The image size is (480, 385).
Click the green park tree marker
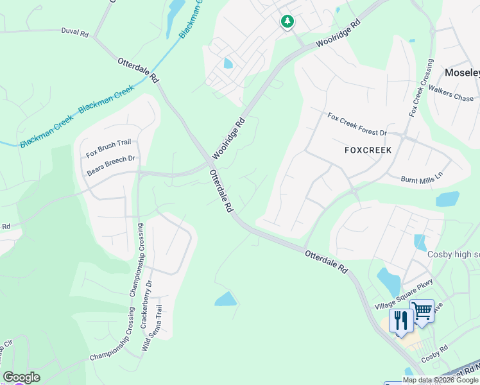[x=287, y=22]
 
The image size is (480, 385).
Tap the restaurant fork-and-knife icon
[x=400, y=320]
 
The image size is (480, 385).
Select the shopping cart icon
[x=422, y=311]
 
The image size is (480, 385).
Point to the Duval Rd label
[x=74, y=31]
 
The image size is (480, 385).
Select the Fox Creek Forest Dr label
[x=357, y=124]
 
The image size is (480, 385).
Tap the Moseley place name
[x=463, y=73]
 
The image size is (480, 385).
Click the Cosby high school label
[x=453, y=254]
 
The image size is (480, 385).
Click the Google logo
[x=21, y=377]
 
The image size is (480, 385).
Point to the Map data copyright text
[x=440, y=380]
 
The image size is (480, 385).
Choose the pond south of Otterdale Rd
[x=225, y=298]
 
